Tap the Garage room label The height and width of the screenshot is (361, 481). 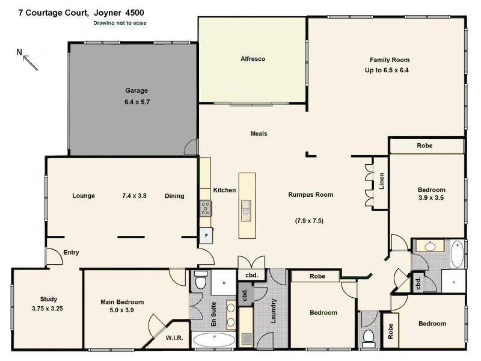[136, 91]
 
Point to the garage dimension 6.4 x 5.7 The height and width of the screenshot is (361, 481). [136, 102]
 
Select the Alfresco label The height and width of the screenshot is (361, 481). [253, 59]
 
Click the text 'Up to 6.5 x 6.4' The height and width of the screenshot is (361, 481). [391, 70]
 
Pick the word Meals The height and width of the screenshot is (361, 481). [259, 134]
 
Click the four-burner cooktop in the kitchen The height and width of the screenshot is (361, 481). [206, 209]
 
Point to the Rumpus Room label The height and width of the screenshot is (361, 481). [310, 194]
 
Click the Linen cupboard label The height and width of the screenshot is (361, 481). [381, 181]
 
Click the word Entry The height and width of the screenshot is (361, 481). [71, 253]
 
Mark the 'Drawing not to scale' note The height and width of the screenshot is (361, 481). [120, 23]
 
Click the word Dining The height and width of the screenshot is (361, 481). [174, 196]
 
